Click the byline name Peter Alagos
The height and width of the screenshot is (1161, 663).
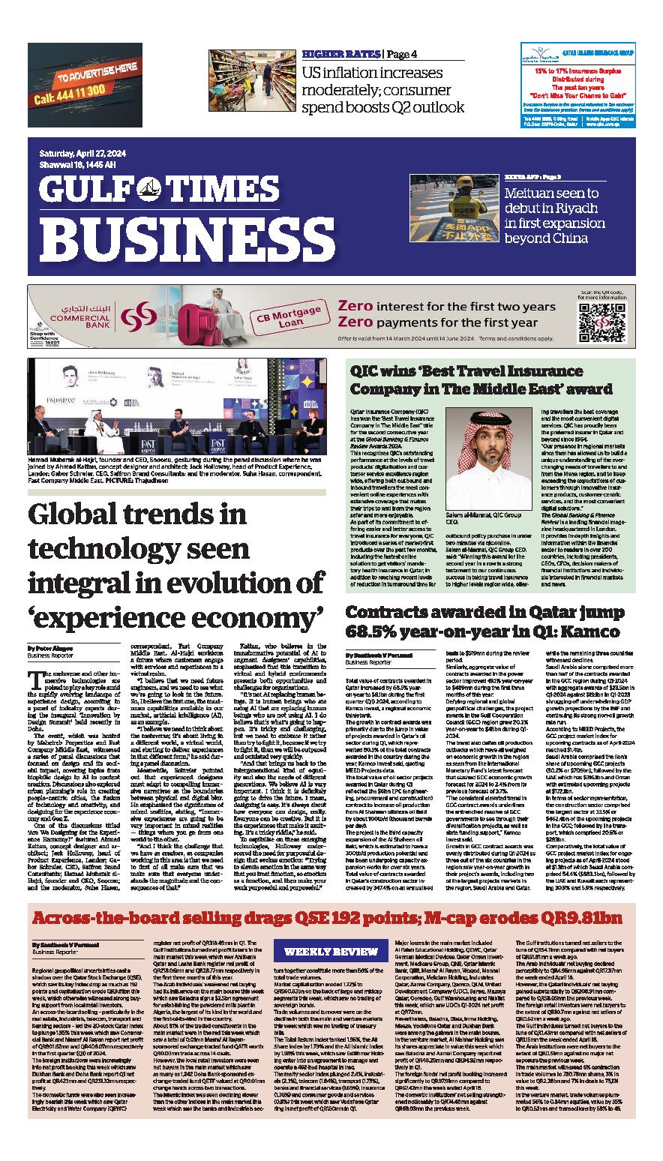[53, 647]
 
